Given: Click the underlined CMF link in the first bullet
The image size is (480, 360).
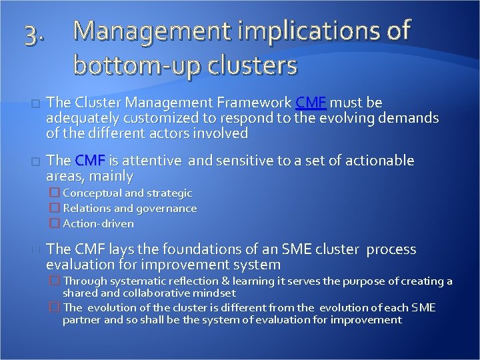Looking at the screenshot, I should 311,103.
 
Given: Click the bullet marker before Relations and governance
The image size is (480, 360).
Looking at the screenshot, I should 55,209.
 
